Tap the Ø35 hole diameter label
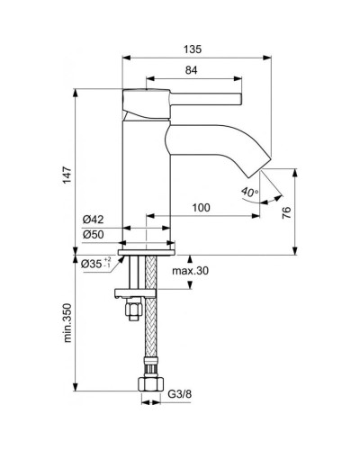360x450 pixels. point(94,265)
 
